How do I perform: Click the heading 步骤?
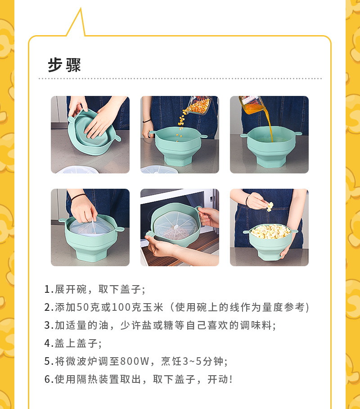64,65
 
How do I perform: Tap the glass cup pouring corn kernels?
199,105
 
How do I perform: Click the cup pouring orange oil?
250,105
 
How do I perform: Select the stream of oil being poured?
270,125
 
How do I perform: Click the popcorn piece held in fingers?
270,207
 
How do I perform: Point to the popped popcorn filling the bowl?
270,232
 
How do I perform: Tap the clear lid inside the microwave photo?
175,226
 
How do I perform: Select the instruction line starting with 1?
95,290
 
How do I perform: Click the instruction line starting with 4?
73,344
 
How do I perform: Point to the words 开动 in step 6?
218,380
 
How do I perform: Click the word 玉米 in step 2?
153,308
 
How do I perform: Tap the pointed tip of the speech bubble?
81,9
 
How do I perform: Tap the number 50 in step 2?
83,308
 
